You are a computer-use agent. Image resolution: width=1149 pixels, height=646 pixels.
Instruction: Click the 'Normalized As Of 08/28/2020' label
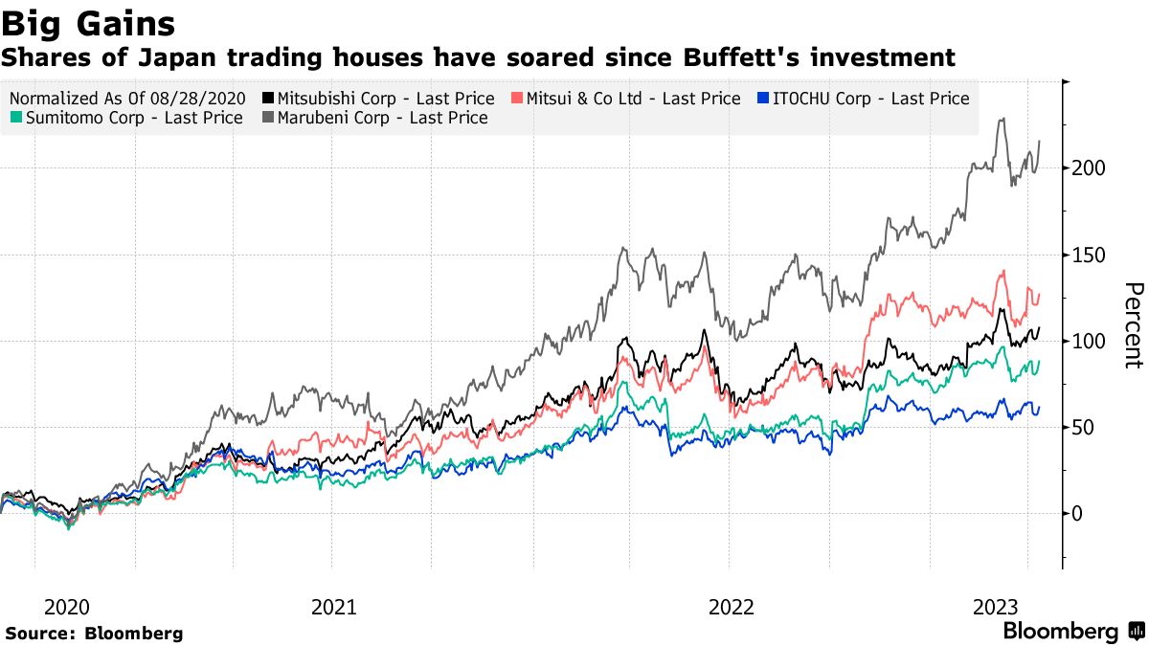coord(126,99)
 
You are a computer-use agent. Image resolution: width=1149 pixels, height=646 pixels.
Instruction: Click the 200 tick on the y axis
coord(1090,168)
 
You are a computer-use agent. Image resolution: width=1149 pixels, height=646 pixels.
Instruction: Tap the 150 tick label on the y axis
coord(1090,255)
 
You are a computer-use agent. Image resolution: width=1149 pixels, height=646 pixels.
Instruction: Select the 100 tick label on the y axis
coord(1090,342)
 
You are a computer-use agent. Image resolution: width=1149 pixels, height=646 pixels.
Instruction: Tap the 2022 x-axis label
coord(732,607)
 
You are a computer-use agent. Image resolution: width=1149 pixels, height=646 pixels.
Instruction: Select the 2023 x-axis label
coord(996,607)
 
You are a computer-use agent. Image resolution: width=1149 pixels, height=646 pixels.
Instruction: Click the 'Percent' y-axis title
coord(1133,325)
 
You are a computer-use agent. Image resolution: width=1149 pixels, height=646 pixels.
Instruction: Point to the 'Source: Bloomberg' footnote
coord(94,634)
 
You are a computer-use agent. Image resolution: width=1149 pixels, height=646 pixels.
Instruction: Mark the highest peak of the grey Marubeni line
coord(1002,120)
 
